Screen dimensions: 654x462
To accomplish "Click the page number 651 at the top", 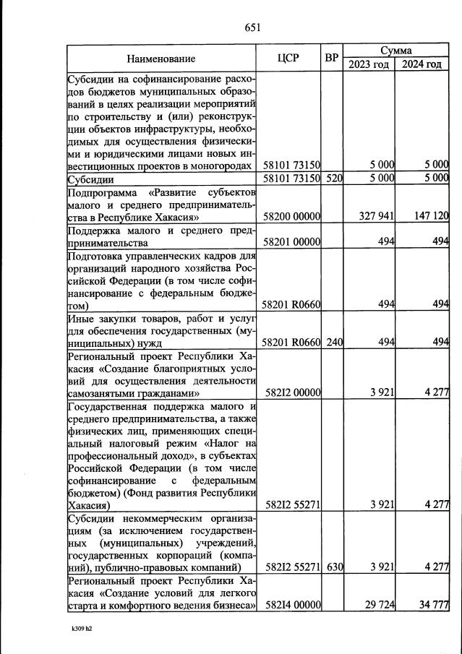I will tap(252, 28).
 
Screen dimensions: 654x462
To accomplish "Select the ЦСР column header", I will tap(288, 58).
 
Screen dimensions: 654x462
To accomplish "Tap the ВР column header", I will tap(332, 58).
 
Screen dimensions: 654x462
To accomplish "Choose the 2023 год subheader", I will tap(369, 64).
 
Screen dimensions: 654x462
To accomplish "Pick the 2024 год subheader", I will tap(422, 64).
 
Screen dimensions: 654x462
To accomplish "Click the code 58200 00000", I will tap(293, 216).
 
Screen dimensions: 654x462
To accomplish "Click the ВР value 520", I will tap(333, 178).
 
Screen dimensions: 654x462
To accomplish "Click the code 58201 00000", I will tap(293, 244).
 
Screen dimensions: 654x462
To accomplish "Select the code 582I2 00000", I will tap(293, 394).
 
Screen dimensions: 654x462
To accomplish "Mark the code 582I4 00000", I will tap(293, 604).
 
